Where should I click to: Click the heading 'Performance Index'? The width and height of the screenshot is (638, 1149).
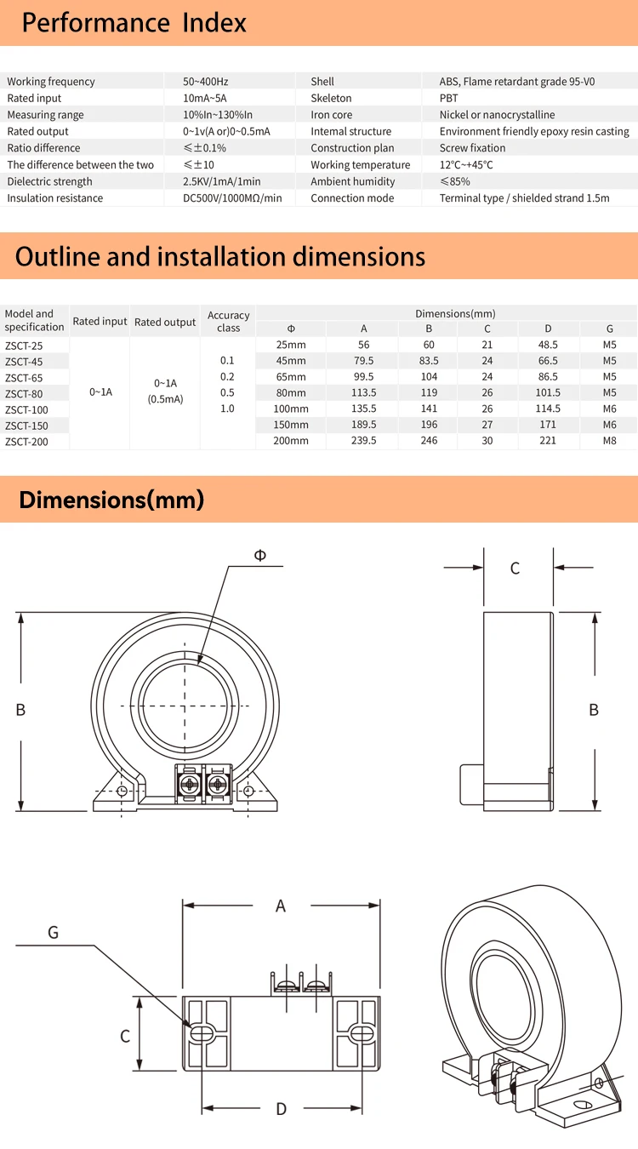click(x=134, y=23)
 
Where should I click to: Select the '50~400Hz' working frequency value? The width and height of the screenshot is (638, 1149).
click(x=205, y=82)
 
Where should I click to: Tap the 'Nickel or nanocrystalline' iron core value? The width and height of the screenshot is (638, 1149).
click(x=497, y=115)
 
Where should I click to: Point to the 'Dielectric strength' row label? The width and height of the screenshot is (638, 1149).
click(x=51, y=181)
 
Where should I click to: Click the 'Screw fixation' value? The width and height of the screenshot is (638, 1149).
click(x=472, y=148)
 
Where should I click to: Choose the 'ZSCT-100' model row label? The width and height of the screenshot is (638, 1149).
click(x=26, y=409)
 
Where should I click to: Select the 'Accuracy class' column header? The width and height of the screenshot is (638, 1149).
click(x=228, y=321)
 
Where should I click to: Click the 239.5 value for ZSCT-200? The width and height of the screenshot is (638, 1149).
click(x=363, y=441)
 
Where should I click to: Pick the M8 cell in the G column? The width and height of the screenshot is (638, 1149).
click(x=609, y=441)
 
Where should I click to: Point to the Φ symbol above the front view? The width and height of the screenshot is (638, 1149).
click(x=259, y=555)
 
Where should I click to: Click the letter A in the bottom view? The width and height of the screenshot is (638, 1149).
click(x=281, y=906)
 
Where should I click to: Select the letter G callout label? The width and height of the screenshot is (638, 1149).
click(x=53, y=933)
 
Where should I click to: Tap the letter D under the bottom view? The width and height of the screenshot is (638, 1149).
click(x=281, y=1108)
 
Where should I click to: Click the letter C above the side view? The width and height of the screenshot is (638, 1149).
click(x=515, y=568)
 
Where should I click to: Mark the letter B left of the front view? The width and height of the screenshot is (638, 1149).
click(x=20, y=710)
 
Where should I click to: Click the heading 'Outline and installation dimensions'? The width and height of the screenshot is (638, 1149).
click(x=220, y=256)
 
